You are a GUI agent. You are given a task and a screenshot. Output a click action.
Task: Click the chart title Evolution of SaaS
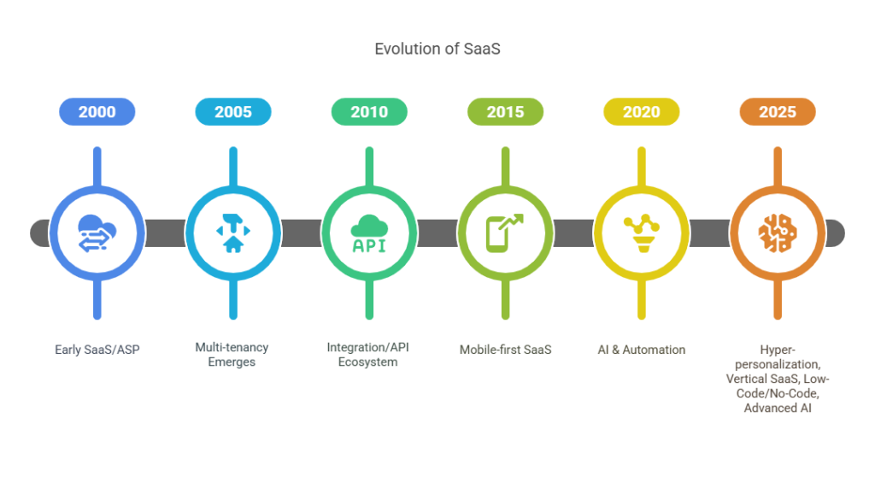point(437,49)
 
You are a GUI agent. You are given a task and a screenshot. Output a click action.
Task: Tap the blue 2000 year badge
point(97,112)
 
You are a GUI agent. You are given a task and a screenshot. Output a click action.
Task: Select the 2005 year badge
point(233,112)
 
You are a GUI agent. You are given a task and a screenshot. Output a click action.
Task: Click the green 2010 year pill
point(369,112)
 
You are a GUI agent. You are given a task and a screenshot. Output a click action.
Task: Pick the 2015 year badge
point(506,112)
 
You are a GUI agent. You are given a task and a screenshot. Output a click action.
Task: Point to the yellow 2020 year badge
point(642,112)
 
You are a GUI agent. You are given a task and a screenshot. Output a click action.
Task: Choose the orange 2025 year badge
point(778,112)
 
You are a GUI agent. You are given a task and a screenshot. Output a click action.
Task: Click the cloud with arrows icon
point(97,233)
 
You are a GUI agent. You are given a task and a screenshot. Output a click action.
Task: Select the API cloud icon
point(369,233)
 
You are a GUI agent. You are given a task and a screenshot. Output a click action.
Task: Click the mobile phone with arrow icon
point(505,233)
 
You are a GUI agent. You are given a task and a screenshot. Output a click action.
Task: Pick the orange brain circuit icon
point(778,233)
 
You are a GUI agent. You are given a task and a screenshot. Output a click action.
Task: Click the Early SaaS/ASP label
point(97,350)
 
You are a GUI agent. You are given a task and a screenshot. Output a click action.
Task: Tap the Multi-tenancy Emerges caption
point(232,355)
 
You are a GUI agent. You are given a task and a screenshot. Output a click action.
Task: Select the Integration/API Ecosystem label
point(367,355)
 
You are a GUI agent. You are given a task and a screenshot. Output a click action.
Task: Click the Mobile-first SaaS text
point(506,350)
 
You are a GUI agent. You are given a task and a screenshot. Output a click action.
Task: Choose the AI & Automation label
point(642,350)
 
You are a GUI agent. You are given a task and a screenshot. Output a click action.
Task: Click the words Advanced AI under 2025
point(778,409)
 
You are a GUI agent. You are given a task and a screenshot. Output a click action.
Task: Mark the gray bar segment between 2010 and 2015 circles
point(437,233)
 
